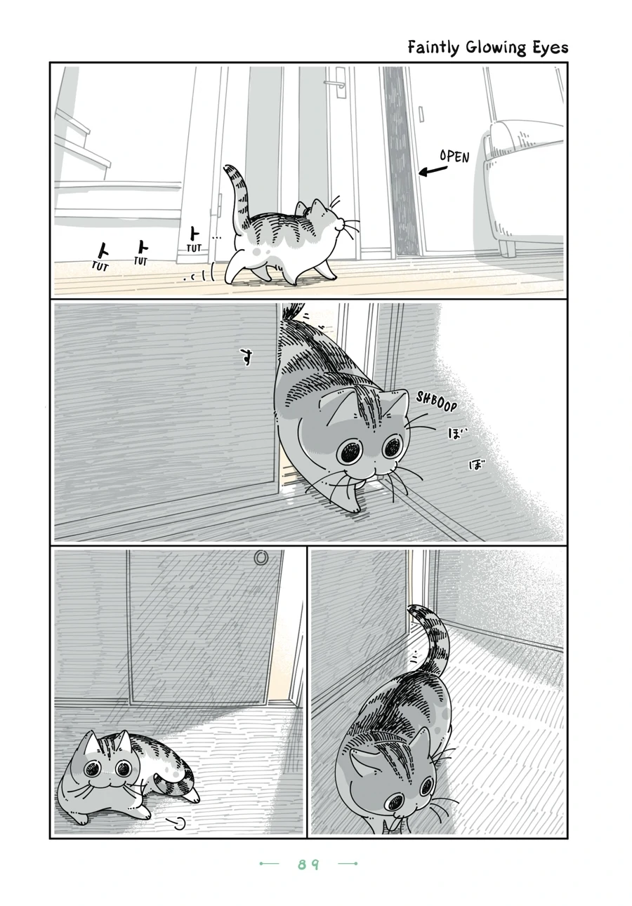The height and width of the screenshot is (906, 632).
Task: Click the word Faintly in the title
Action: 435,48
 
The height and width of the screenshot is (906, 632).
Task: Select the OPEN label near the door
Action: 455,156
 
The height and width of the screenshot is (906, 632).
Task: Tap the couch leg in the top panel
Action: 506,248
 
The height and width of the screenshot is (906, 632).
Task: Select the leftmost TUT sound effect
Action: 100,266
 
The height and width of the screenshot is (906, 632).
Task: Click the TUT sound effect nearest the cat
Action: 194,248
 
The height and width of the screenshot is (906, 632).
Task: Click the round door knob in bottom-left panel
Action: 261,558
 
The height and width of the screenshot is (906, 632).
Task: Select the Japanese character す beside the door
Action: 244,358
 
